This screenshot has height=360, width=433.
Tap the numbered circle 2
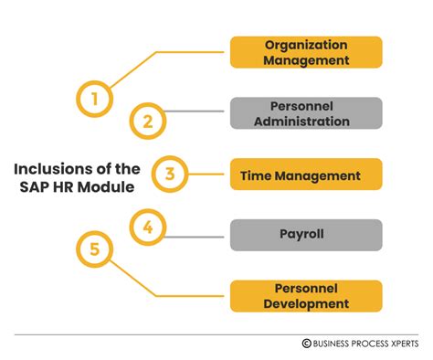click(x=148, y=120)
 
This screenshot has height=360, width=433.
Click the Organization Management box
click(x=306, y=52)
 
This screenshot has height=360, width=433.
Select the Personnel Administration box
click(x=306, y=113)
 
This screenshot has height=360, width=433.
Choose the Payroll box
click(x=306, y=235)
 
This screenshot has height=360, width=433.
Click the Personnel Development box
click(x=306, y=296)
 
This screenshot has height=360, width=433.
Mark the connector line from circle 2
click(x=196, y=113)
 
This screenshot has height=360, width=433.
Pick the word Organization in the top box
click(x=306, y=45)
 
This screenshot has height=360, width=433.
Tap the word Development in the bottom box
click(x=306, y=304)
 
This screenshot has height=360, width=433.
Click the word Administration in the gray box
click(x=306, y=121)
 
